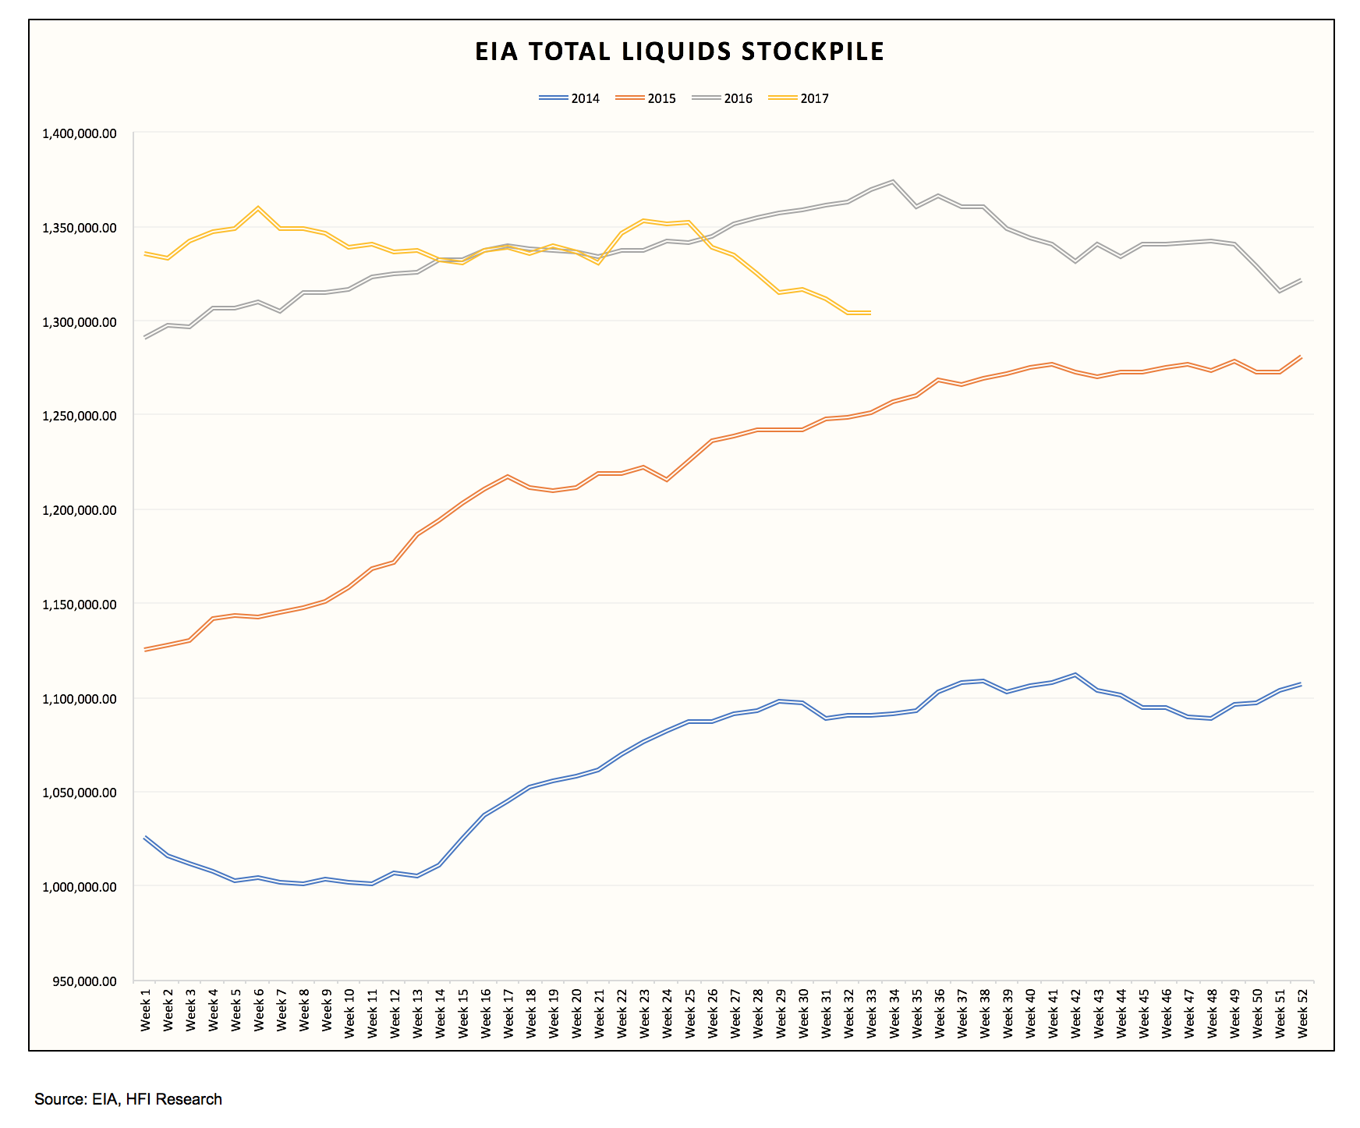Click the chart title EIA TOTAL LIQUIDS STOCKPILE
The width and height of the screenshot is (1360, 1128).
click(679, 51)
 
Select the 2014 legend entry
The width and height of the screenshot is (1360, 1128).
click(570, 98)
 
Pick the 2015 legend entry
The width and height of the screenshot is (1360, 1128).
click(646, 98)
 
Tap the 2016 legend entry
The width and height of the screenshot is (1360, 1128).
click(723, 98)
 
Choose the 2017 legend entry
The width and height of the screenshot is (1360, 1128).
click(799, 98)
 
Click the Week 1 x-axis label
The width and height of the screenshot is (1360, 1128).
click(146, 1010)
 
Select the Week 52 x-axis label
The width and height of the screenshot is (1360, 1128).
click(1302, 1010)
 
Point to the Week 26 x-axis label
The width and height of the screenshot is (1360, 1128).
click(712, 1010)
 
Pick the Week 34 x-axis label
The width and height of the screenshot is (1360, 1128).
click(894, 1010)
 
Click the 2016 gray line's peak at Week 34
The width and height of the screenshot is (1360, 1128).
click(893, 181)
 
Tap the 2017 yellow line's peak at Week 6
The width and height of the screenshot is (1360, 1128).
click(258, 208)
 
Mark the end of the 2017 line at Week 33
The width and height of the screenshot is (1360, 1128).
click(870, 312)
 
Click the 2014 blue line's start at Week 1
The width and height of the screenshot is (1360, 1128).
click(145, 837)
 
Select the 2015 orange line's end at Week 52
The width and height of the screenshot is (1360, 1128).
click(1302, 356)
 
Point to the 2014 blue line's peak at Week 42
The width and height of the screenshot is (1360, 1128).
click(1075, 674)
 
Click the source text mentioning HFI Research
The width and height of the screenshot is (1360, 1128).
click(129, 1099)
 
